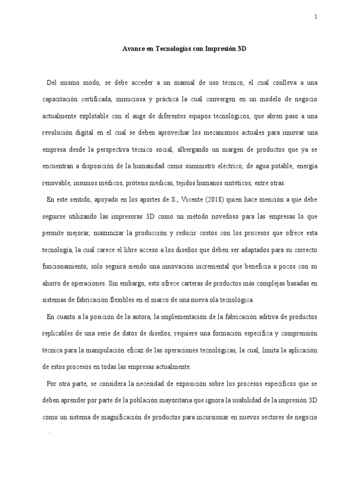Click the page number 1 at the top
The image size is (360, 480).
[316, 17]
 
